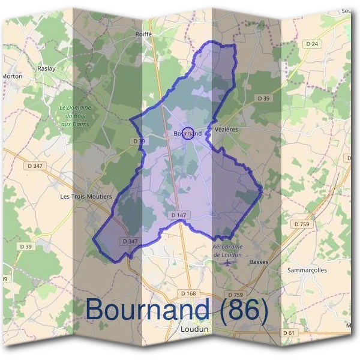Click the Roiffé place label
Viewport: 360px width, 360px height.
tap(144, 34)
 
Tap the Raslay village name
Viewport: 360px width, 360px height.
tap(46, 68)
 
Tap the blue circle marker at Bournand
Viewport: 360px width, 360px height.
tap(188, 133)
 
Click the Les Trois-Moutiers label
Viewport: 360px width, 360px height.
tap(86, 196)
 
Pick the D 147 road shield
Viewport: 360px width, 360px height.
tap(179, 214)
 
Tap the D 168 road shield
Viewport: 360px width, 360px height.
tap(188, 293)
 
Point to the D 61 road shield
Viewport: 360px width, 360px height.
tap(290, 332)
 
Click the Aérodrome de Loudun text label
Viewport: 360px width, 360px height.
tap(227, 251)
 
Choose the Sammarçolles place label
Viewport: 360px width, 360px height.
tap(308, 271)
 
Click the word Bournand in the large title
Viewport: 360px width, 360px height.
tap(147, 310)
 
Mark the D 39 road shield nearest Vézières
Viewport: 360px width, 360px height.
tap(263, 98)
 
